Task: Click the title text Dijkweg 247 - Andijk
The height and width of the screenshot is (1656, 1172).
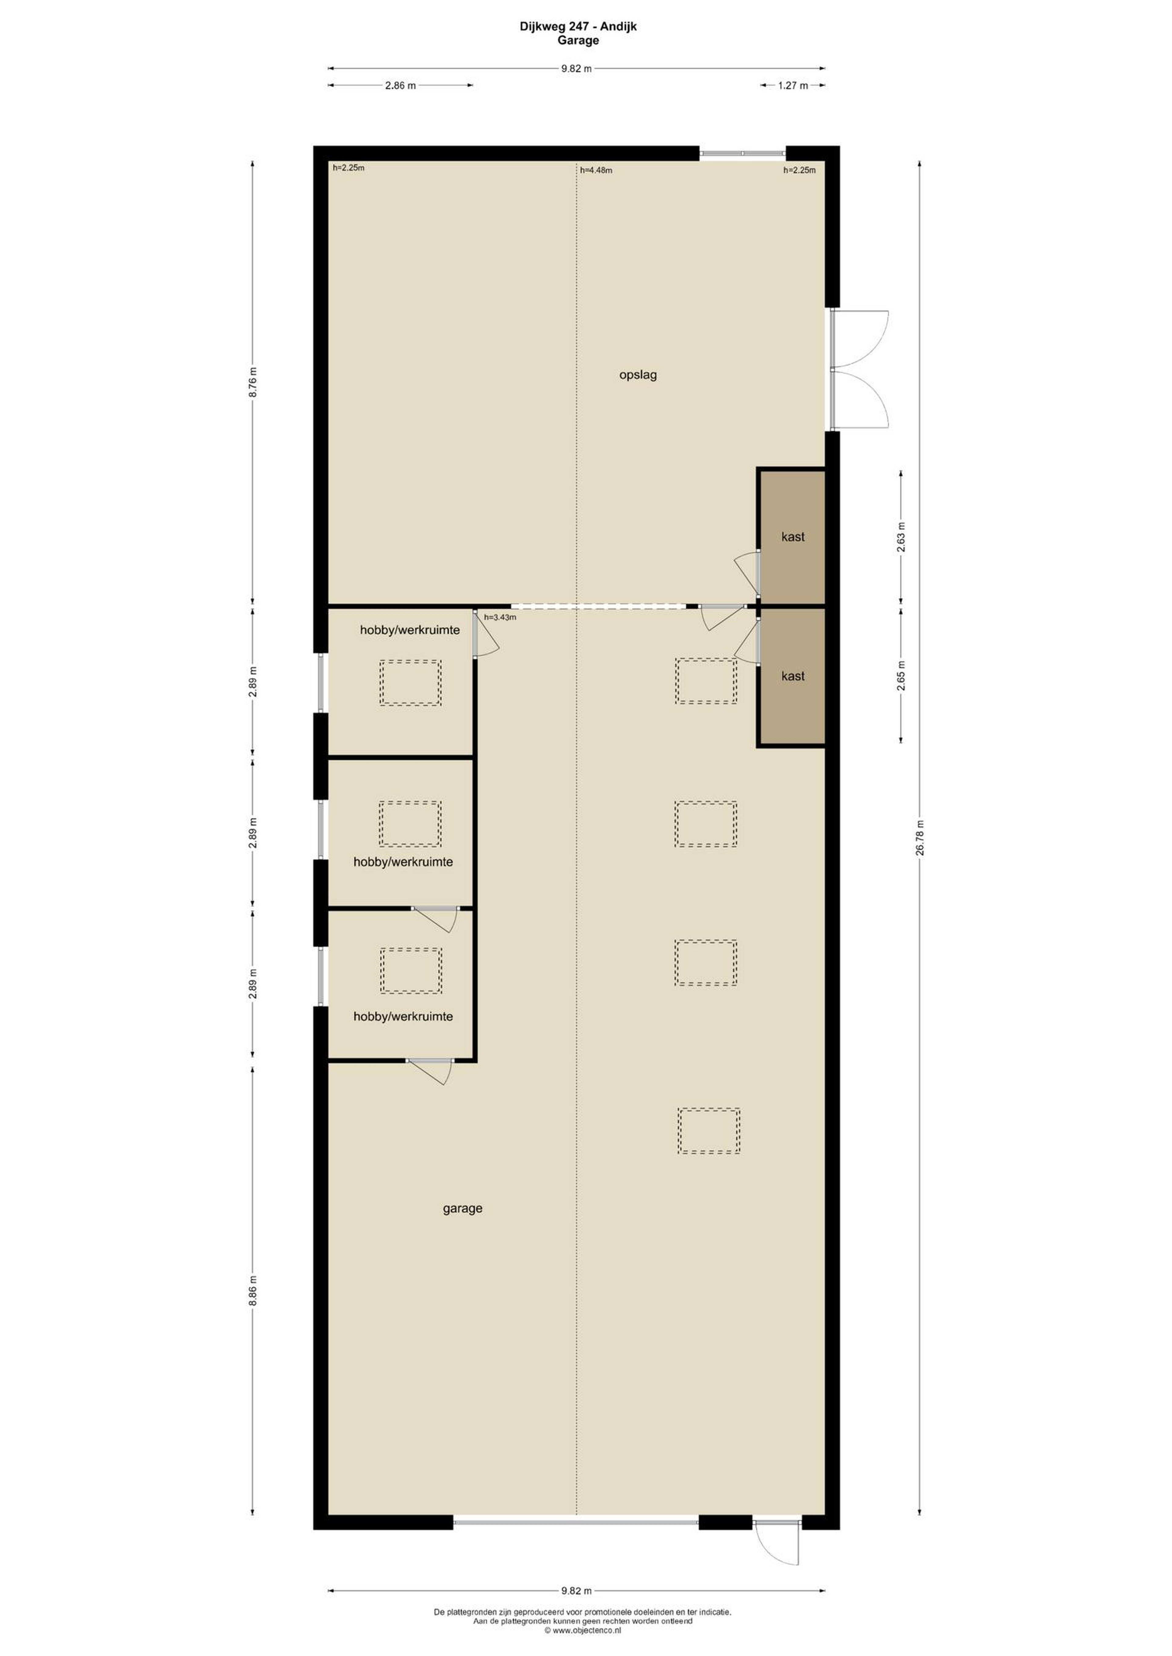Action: click(x=578, y=27)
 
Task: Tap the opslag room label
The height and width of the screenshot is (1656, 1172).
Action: click(x=638, y=375)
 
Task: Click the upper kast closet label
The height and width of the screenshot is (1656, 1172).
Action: click(x=792, y=537)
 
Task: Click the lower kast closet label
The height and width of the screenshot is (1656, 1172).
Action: click(x=792, y=676)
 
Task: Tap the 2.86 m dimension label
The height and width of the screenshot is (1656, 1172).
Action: click(x=400, y=85)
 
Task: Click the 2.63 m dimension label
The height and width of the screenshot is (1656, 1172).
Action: click(x=901, y=537)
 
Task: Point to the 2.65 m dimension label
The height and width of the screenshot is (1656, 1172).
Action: click(x=901, y=676)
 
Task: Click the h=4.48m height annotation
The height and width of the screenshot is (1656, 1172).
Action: click(x=596, y=170)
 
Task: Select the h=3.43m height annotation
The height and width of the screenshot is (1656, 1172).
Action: click(x=500, y=617)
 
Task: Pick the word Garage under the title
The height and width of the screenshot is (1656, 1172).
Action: click(x=578, y=40)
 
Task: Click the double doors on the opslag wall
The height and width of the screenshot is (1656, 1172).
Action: click(x=859, y=370)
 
